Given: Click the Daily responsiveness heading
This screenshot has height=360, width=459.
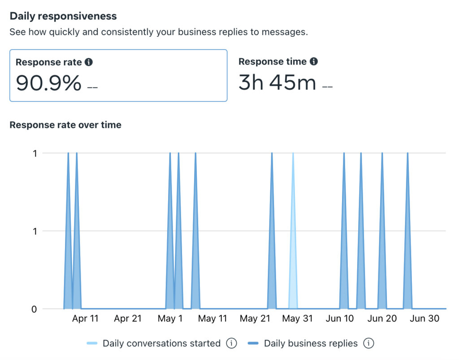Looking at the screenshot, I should pyautogui.click(x=63, y=16).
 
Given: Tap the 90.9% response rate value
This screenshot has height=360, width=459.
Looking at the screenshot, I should pyautogui.click(x=49, y=82).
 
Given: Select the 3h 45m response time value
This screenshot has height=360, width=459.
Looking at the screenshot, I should pyautogui.click(x=277, y=82).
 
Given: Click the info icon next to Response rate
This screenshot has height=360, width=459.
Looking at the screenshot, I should pyautogui.click(x=89, y=62).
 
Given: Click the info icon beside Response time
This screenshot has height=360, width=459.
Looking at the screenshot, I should pyautogui.click(x=314, y=61).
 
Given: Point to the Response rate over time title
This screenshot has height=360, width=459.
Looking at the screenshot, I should pyautogui.click(x=65, y=125).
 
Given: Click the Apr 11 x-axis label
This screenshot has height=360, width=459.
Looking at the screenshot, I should pyautogui.click(x=85, y=319).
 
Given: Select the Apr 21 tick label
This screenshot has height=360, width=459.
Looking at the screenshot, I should pyautogui.click(x=128, y=319).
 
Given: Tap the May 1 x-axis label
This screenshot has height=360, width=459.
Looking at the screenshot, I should pyautogui.click(x=170, y=319).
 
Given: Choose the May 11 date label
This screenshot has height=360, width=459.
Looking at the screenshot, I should pyautogui.click(x=212, y=319).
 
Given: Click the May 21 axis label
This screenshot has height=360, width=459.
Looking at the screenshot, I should pyautogui.click(x=255, y=319).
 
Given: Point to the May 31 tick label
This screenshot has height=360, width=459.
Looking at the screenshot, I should pyautogui.click(x=297, y=319).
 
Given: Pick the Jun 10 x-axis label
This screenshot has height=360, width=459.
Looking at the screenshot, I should pyautogui.click(x=340, y=319).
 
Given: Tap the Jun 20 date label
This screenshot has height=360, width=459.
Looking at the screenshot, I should pyautogui.click(x=382, y=319).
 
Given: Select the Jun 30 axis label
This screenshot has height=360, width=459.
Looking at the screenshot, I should pyautogui.click(x=424, y=319).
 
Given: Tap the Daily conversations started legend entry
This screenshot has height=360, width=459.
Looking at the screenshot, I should pyautogui.click(x=161, y=344).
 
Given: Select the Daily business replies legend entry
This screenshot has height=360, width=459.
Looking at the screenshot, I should pyautogui.click(x=311, y=344).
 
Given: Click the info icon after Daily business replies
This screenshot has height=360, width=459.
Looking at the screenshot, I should pyautogui.click(x=368, y=344).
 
